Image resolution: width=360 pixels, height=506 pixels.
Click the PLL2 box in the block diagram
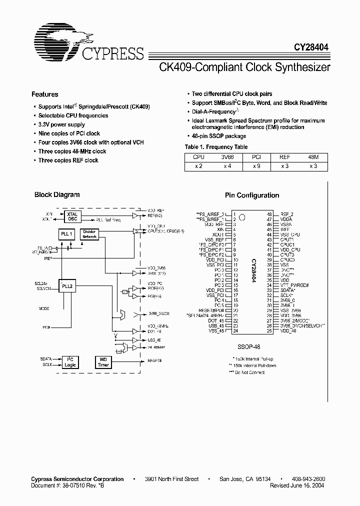[x=66, y=286]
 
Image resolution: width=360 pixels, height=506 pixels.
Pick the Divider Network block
[x=89, y=234]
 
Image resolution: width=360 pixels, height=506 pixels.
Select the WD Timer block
[x=103, y=362]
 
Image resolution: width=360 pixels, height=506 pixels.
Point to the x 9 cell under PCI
[x=256, y=165]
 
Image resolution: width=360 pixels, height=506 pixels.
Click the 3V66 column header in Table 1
[x=227, y=156]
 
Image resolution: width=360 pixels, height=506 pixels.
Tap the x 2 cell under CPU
[x=198, y=165]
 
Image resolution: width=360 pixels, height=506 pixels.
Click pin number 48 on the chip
[x=268, y=214]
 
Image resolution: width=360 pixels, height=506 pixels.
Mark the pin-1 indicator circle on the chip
[x=242, y=217]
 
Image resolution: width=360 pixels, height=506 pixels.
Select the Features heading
[x=45, y=94]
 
